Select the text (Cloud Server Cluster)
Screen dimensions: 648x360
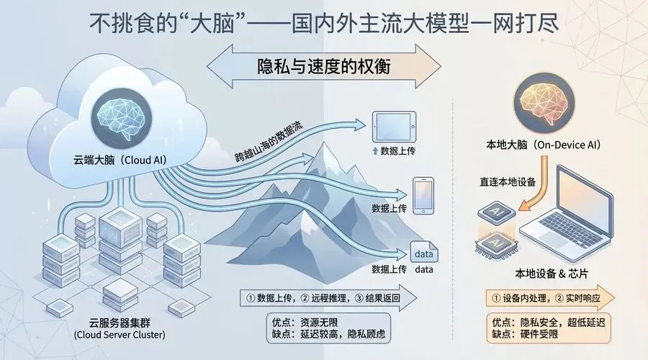[120, 335]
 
